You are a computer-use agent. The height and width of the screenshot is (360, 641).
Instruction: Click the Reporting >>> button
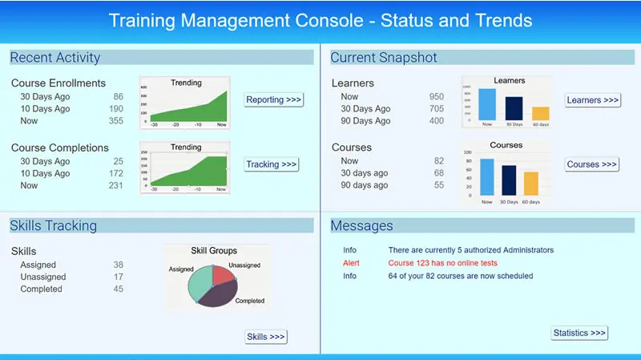point(274,100)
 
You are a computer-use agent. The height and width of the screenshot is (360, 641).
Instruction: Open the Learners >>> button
point(592,100)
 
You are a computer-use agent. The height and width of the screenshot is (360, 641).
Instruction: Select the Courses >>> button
point(592,164)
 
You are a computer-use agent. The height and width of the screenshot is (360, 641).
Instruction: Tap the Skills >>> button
point(265,337)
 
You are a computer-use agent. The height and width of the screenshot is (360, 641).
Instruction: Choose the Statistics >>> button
point(579,333)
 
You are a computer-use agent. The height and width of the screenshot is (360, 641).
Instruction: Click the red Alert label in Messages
point(352,263)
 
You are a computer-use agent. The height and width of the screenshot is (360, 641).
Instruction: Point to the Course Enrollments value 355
point(116,121)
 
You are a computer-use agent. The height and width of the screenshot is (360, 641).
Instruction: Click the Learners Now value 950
point(436,97)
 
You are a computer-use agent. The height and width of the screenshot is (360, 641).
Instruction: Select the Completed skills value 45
point(118,289)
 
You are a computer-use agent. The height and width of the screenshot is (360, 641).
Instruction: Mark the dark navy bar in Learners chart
point(514,108)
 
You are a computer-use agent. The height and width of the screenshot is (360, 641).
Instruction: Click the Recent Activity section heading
point(55,58)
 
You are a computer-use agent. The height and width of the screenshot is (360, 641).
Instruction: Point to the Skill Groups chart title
point(213,251)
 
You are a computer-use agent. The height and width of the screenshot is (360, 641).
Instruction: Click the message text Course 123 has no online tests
point(442,263)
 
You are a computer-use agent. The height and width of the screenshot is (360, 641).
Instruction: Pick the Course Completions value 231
point(115,185)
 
